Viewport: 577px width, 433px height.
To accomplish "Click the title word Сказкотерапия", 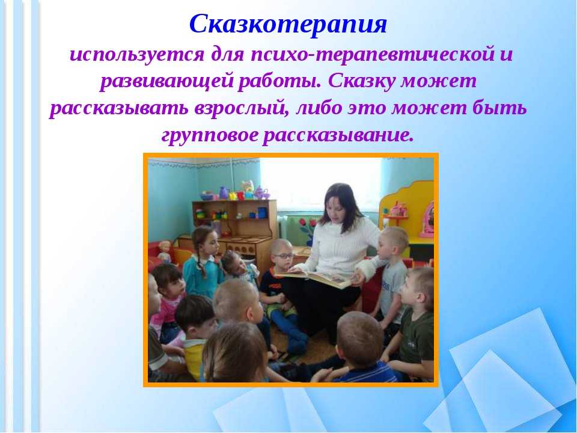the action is pyautogui.click(x=288, y=24).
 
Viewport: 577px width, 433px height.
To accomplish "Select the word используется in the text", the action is pyautogui.click(x=136, y=55).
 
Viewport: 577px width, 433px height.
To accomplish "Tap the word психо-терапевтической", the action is pyautogui.click(x=373, y=55).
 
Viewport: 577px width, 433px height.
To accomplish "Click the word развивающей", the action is pyautogui.click(x=166, y=82).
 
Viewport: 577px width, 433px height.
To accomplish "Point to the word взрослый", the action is pyautogui.click(x=240, y=109).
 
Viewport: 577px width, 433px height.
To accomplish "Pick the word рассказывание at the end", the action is pyautogui.click(x=338, y=135).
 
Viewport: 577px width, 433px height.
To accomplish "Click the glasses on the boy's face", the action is pyautogui.click(x=283, y=256).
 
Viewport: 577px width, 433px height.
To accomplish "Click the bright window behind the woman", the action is pyautogui.click(x=320, y=185).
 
